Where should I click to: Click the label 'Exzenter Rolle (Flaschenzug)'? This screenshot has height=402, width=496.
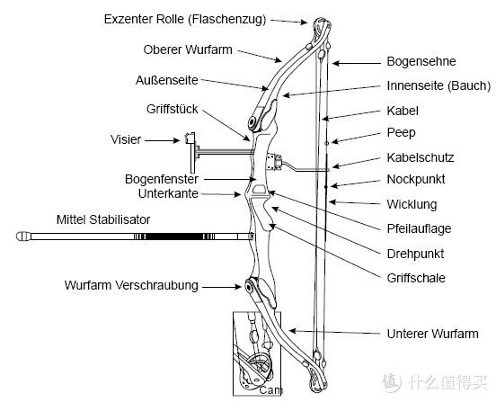point(185,19)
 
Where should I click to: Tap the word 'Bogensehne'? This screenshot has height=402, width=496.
point(421,61)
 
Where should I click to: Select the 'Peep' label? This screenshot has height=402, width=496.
point(401,132)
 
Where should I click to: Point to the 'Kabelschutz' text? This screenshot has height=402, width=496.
point(421,157)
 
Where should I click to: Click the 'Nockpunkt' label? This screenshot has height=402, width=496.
point(416,180)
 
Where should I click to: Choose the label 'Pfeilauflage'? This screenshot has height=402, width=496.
point(419,228)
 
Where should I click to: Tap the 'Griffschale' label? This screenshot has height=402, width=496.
point(416,278)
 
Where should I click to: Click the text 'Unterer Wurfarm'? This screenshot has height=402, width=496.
point(433,334)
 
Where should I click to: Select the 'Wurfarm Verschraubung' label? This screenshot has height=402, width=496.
point(131,285)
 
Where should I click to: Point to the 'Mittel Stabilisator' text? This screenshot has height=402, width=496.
point(103,219)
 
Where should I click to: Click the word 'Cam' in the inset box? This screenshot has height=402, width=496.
point(270,390)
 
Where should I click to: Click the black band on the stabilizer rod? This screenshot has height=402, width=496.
point(174,237)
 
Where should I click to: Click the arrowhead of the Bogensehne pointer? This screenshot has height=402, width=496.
point(336,63)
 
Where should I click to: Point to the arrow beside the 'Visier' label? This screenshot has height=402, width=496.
point(163,140)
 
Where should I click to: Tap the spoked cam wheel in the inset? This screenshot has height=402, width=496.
point(259,367)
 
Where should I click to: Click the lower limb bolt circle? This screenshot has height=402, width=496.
point(249,288)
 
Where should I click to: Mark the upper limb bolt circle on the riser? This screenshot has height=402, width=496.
point(252,122)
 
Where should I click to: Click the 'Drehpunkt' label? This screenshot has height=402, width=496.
point(415,254)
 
